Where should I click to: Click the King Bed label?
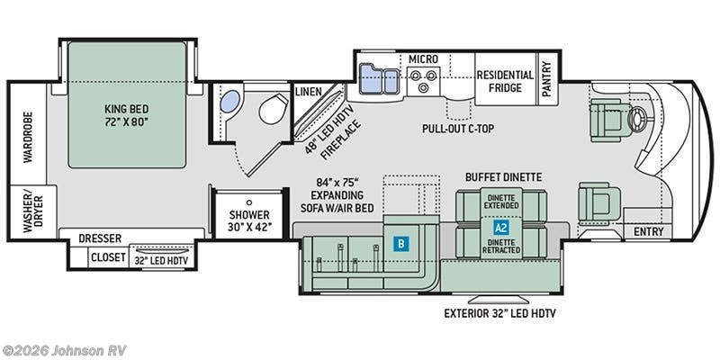[126, 115]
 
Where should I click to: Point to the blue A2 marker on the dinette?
[501, 227]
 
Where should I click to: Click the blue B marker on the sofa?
[400, 244]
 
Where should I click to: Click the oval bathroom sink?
[230, 101]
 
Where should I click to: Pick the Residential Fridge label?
[505, 81]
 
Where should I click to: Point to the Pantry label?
[546, 79]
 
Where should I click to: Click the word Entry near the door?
[648, 232]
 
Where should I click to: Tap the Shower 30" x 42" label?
[249, 220]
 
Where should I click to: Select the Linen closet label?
[308, 92]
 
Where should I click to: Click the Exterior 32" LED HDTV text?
[499, 314]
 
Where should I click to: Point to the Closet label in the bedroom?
[108, 257]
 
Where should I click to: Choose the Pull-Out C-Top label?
[458, 129]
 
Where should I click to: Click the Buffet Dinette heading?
[503, 177]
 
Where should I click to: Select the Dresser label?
[100, 238]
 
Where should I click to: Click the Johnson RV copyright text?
[63, 350]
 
